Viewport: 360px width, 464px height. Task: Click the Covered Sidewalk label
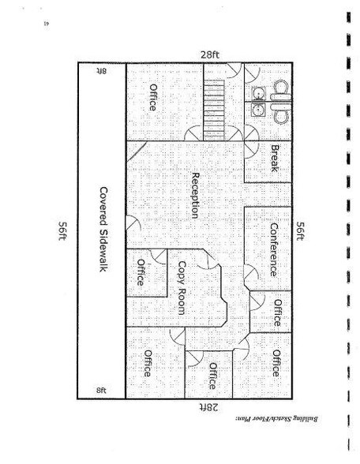click(103, 229)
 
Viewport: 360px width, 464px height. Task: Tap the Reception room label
click(195, 196)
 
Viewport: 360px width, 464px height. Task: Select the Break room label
click(275, 159)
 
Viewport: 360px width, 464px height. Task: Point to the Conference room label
click(274, 249)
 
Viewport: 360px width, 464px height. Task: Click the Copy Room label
click(182, 288)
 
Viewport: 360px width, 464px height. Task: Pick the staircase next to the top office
click(213, 110)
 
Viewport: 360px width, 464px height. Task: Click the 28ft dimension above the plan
click(210, 54)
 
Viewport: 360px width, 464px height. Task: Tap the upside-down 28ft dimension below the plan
click(208, 407)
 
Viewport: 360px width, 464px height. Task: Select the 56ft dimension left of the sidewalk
click(62, 230)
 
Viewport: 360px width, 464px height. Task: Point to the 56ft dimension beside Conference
click(300, 230)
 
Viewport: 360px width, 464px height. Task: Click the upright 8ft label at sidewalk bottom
click(101, 390)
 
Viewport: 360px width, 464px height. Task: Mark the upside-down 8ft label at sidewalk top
click(101, 71)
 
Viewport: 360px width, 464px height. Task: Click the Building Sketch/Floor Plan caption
click(277, 419)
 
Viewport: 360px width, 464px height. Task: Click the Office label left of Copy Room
click(141, 272)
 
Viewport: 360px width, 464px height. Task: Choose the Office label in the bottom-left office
click(148, 363)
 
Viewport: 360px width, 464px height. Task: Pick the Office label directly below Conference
click(278, 312)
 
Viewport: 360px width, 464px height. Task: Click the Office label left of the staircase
click(153, 97)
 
